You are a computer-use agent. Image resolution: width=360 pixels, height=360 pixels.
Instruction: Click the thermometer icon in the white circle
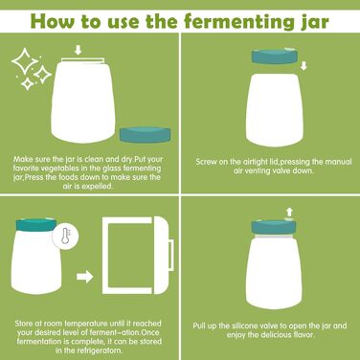click(x=65, y=237)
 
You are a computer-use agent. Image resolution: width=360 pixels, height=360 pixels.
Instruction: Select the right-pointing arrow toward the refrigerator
click(x=84, y=277)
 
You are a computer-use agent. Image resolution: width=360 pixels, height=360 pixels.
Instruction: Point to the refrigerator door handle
click(x=171, y=255)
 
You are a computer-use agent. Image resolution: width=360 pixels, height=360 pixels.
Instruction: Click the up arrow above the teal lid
click(x=289, y=212)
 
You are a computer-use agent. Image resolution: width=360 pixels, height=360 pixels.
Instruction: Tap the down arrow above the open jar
click(x=79, y=50)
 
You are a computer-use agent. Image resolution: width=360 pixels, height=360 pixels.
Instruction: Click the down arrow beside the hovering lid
click(x=304, y=66)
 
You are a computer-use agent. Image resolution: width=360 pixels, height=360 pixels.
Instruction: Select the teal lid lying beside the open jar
click(x=145, y=134)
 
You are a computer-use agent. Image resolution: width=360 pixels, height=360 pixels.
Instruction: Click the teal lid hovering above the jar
click(x=275, y=56)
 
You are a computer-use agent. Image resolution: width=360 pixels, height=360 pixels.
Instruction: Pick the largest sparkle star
click(x=25, y=61)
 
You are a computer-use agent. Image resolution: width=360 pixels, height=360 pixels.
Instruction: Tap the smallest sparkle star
click(x=28, y=84)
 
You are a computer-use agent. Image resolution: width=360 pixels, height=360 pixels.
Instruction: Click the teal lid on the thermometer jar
click(x=36, y=225)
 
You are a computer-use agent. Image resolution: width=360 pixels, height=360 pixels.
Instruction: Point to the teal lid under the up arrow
click(x=274, y=227)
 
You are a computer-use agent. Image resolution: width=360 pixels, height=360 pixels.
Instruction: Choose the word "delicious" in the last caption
click(x=276, y=335)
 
